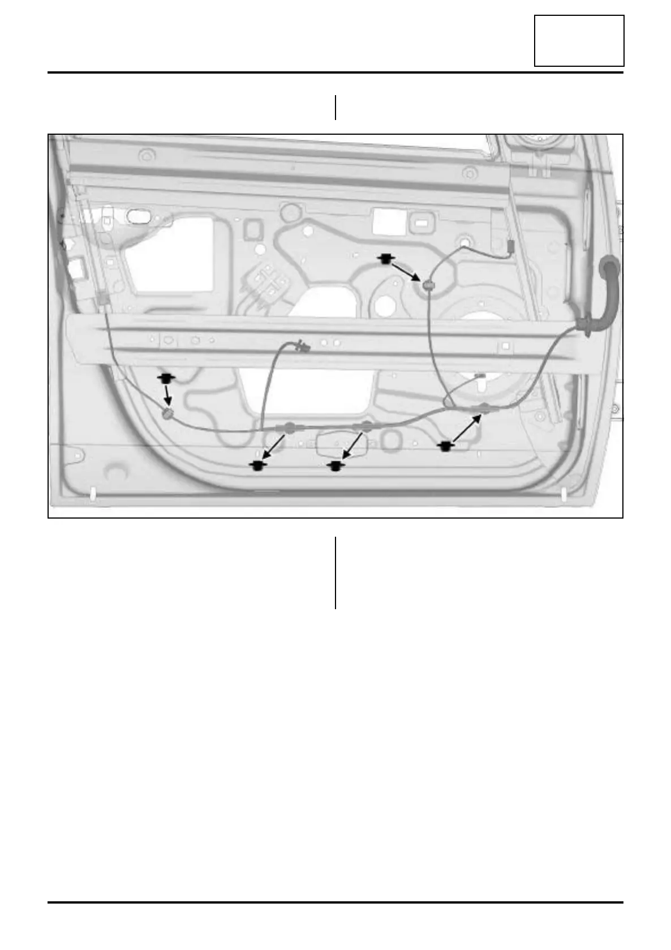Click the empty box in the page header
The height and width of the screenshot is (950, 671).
[579, 41]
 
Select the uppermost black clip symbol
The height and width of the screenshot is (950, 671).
[386, 259]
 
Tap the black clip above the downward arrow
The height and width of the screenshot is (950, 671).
[166, 378]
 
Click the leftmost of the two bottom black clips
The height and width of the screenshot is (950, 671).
[258, 465]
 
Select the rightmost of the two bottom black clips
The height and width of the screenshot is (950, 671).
[337, 465]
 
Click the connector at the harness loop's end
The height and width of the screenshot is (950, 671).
[303, 346]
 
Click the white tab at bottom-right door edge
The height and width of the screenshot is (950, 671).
[565, 494]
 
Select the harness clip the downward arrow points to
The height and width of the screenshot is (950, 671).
[167, 414]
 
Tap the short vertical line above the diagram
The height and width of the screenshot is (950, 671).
[335, 108]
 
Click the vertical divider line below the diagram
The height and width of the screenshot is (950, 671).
[335, 572]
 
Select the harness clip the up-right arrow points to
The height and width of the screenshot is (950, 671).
[485, 408]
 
